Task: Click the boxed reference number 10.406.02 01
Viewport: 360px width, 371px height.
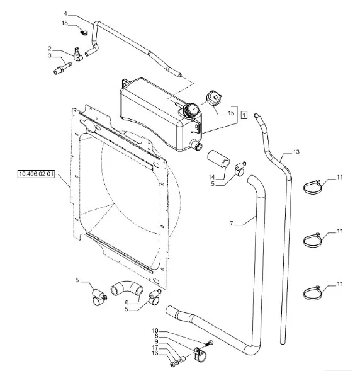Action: [36, 174]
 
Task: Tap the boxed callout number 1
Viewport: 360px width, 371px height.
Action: [244, 115]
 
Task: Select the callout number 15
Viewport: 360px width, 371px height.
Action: [231, 113]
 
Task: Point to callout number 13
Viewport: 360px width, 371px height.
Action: [296, 152]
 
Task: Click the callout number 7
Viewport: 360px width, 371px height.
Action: [232, 223]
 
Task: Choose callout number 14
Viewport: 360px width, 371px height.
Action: [211, 177]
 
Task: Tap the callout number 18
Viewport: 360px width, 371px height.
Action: [65, 23]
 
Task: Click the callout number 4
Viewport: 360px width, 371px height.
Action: [65, 14]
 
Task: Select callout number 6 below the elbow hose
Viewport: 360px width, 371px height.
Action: [127, 302]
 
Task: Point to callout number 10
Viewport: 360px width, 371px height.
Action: [155, 331]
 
